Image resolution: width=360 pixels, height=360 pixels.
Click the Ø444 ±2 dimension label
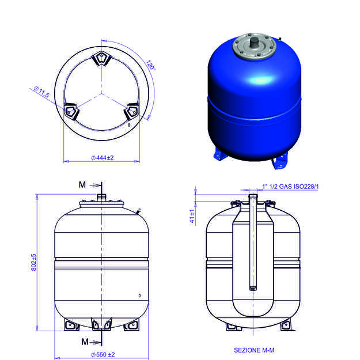pyautogui.click(x=103, y=158)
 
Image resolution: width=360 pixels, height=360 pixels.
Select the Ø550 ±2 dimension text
pyautogui.click(x=103, y=354)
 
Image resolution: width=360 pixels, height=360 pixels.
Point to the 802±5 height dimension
pyautogui.click(x=33, y=262)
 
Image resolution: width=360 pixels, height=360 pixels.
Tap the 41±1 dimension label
pyautogui.click(x=192, y=216)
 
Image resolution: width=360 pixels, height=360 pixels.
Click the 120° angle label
pyautogui.click(x=150, y=65)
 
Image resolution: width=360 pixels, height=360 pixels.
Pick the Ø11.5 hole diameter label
pyautogui.click(x=41, y=92)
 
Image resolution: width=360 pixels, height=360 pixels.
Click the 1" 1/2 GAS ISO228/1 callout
pyautogui.click(x=290, y=187)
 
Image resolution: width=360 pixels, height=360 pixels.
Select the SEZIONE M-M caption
pyautogui.click(x=254, y=350)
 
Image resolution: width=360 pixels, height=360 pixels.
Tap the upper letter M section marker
pyautogui.click(x=82, y=184)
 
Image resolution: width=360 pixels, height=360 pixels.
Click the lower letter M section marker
pyautogui.click(x=85, y=342)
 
